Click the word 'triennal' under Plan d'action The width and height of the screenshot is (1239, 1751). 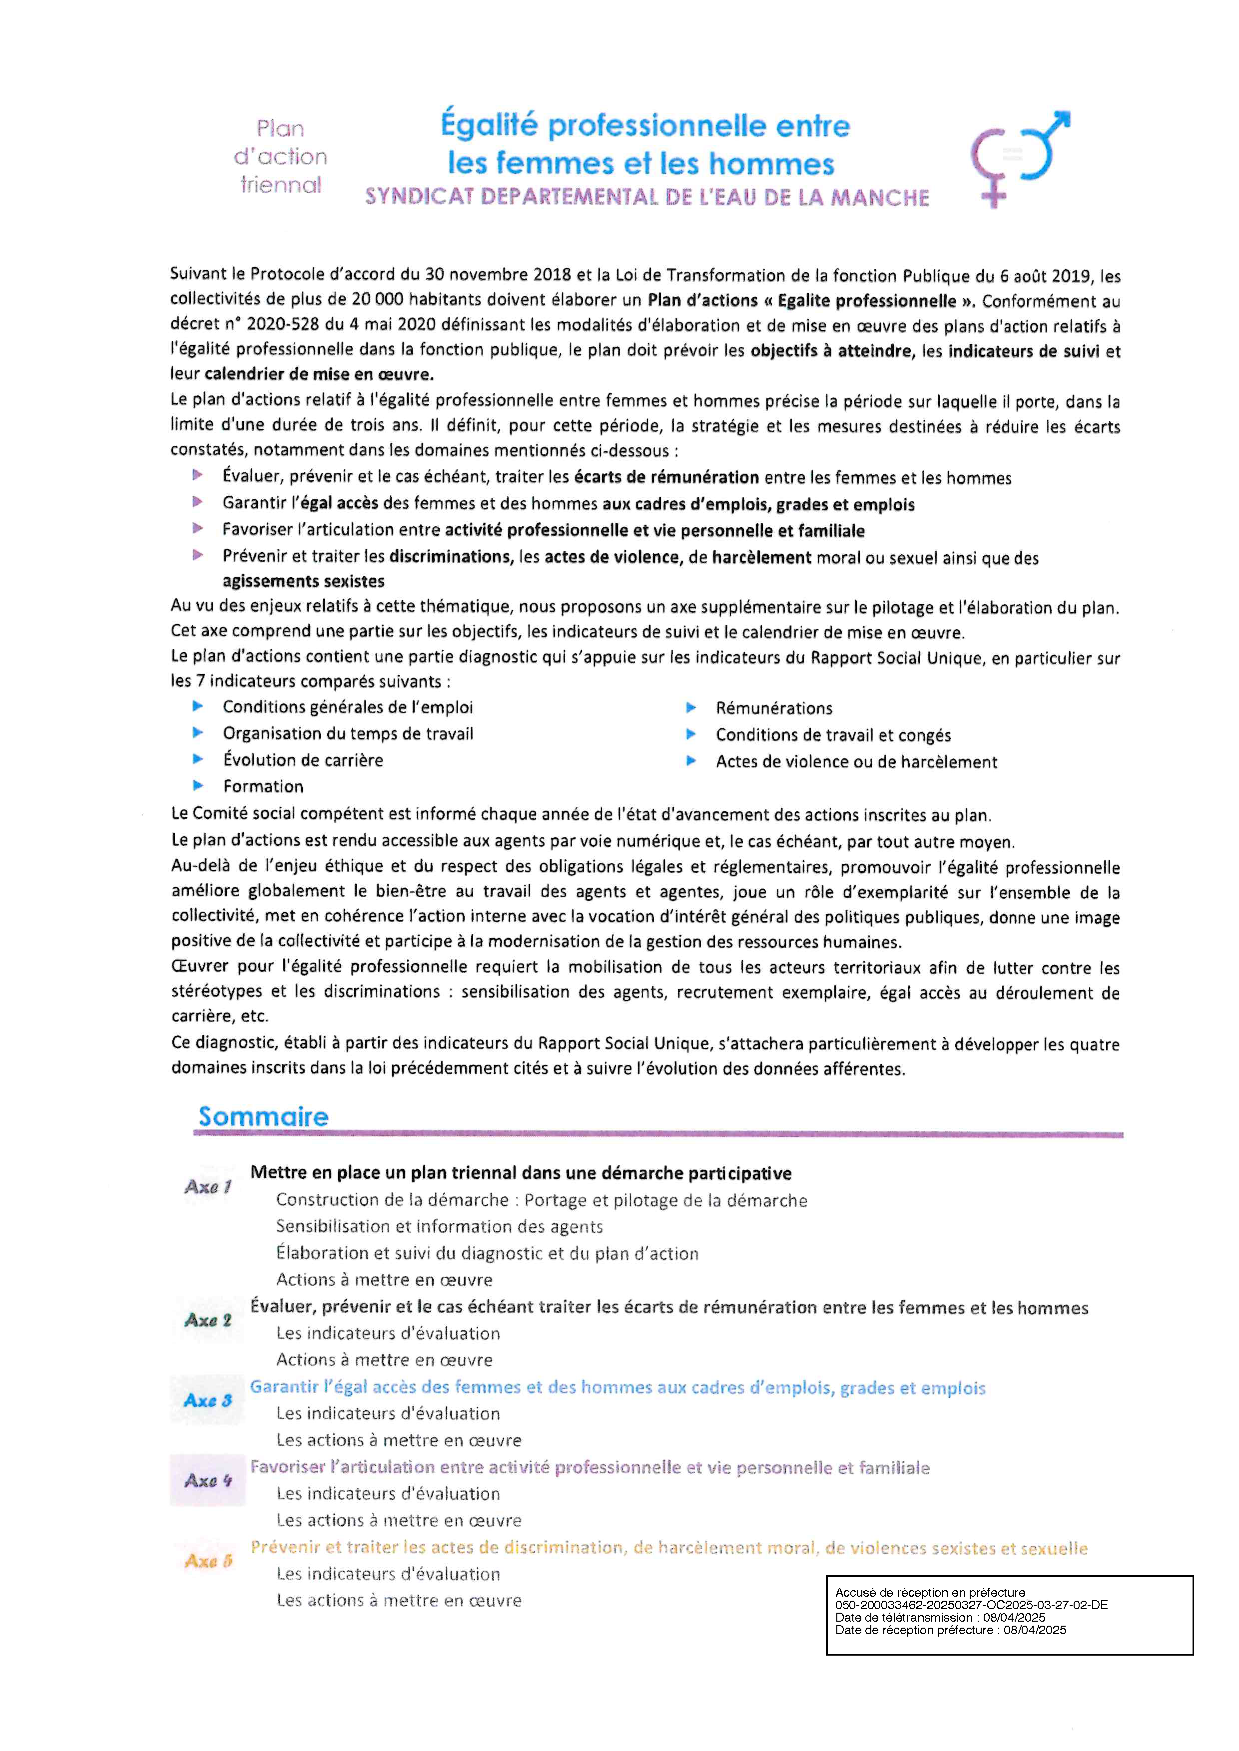tap(281, 185)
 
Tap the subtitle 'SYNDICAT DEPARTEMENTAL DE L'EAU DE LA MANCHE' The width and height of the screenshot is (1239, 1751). tap(647, 198)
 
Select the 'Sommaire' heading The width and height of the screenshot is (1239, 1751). tap(263, 1116)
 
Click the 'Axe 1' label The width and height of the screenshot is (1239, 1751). tap(207, 1187)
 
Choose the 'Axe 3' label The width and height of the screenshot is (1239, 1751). tap(207, 1400)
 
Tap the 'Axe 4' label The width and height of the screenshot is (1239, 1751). tap(207, 1480)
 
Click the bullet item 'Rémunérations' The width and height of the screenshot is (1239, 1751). tap(773, 708)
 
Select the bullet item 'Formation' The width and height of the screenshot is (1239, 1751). tap(263, 786)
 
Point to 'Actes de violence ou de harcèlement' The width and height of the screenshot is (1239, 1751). tap(856, 762)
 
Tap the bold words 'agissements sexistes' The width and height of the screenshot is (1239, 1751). tap(303, 581)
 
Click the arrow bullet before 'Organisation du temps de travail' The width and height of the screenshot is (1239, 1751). tap(198, 733)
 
